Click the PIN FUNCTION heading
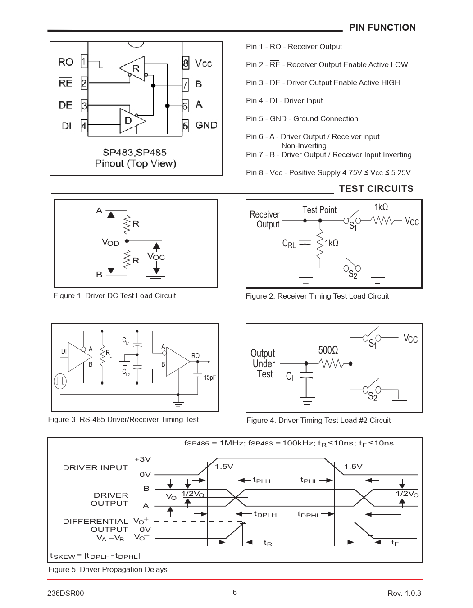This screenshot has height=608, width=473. click(x=382, y=27)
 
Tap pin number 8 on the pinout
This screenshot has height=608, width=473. click(x=186, y=63)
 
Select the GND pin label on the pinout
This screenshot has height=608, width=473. click(x=206, y=125)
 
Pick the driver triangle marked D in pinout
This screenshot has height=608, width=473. click(x=131, y=121)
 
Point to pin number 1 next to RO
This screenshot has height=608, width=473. click(x=84, y=61)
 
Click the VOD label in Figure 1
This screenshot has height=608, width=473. click(x=110, y=242)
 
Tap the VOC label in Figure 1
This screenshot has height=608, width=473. click(x=156, y=257)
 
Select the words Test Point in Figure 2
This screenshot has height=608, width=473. click(x=319, y=210)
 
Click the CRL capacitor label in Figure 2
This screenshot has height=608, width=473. click(x=289, y=244)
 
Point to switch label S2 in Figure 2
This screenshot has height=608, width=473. click(x=353, y=275)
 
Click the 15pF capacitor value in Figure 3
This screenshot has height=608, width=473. click(x=210, y=377)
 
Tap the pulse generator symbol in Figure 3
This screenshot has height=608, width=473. click(x=60, y=381)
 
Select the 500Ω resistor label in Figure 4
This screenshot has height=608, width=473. click(x=328, y=350)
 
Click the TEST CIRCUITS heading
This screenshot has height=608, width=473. click(x=376, y=189)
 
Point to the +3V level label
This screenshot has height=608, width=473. click(x=142, y=459)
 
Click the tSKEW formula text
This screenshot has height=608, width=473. click(x=95, y=556)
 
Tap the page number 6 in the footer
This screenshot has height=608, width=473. click(x=235, y=592)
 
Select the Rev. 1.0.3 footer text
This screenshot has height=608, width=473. click(x=404, y=593)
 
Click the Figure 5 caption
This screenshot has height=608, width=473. click(x=108, y=569)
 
